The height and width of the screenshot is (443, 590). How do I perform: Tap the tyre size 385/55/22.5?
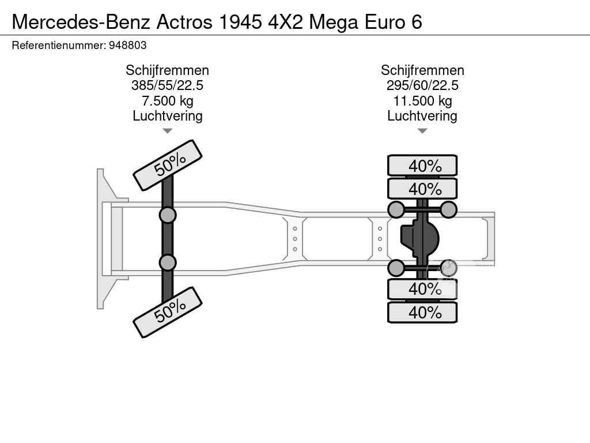point(167,85)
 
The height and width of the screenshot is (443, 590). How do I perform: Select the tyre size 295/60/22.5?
point(422,85)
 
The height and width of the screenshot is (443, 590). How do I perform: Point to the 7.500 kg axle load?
point(167,101)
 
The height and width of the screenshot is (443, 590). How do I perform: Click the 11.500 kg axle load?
point(422,101)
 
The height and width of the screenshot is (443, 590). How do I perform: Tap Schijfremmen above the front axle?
point(167,70)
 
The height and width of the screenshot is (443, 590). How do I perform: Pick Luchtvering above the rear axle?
point(422,116)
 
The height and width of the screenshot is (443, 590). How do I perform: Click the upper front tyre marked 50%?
point(168,166)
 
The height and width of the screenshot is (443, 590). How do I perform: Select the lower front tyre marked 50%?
point(168,312)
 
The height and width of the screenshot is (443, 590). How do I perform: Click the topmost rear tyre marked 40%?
point(422,166)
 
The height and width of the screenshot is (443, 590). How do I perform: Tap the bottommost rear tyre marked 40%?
point(422,313)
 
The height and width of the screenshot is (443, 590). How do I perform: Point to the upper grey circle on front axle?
point(168,215)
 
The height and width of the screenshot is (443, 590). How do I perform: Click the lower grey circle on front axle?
point(168,262)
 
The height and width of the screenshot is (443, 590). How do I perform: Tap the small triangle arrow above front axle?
point(167,131)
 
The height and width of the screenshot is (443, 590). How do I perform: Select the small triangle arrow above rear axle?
point(422,131)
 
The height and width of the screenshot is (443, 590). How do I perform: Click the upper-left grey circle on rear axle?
point(396,209)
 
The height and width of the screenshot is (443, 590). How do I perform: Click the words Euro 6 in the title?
point(394,22)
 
